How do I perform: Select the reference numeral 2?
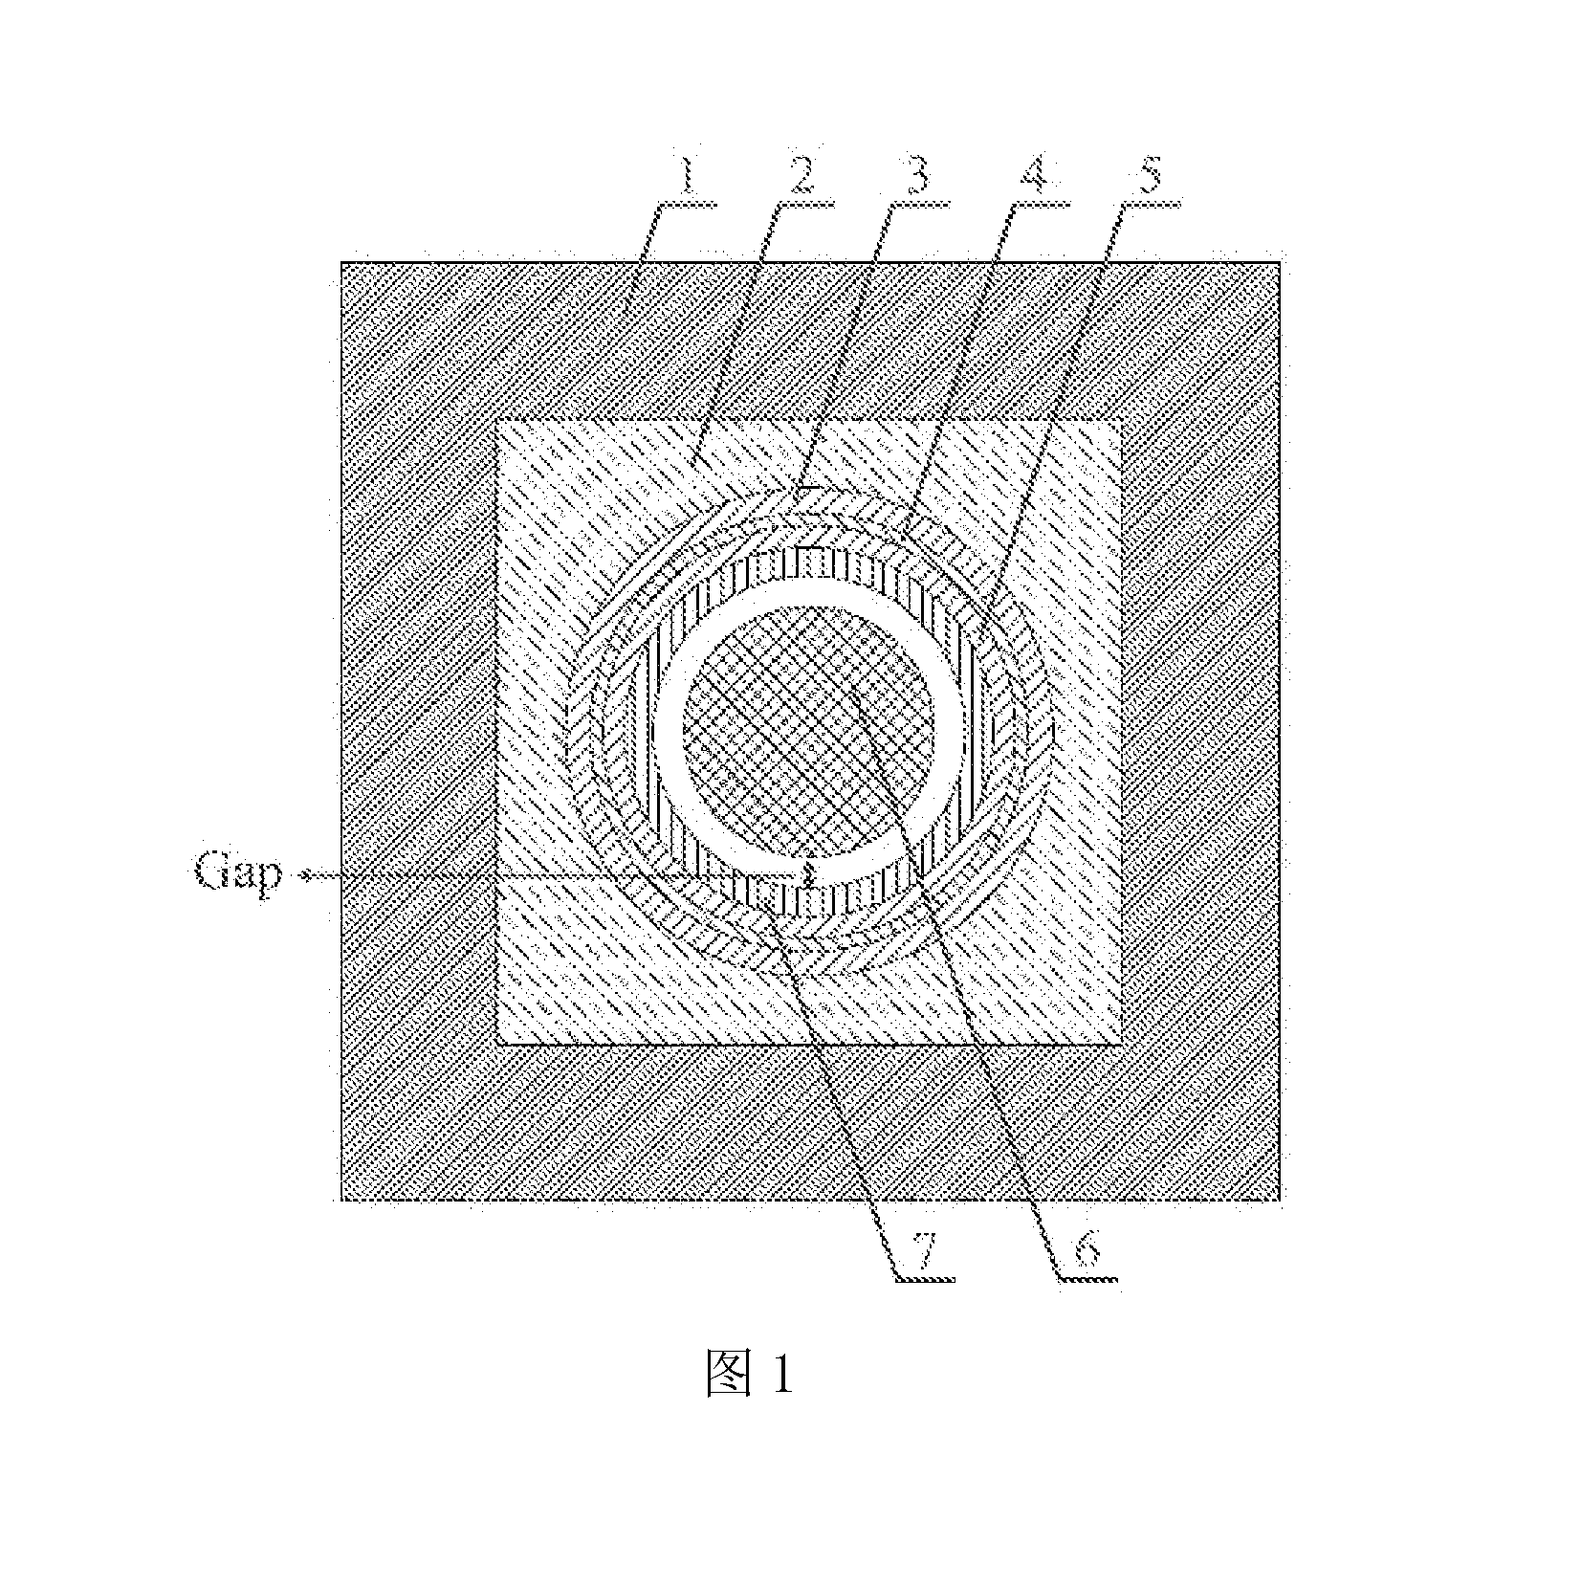[x=801, y=178]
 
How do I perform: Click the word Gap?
[x=238, y=874]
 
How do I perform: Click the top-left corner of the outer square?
[x=342, y=262]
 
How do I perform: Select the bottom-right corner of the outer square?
[x=1280, y=1200]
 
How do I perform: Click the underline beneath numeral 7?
[x=923, y=1278]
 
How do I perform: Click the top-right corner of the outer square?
[x=1280, y=262]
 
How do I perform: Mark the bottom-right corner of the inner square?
[x=1121, y=1044]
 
